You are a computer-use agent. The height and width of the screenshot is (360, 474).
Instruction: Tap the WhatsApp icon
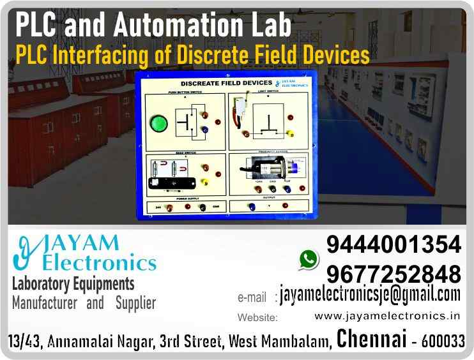309,259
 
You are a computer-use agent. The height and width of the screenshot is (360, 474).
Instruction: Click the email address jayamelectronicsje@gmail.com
370,294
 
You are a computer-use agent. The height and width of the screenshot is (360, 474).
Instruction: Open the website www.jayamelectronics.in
388,316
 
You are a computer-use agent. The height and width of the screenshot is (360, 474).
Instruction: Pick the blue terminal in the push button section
204,130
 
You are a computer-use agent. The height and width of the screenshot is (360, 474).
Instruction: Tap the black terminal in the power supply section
203,207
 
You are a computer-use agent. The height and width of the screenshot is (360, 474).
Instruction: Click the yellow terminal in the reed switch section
204,182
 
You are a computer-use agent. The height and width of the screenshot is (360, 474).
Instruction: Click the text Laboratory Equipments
73,283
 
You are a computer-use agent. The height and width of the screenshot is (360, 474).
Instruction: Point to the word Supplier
135,303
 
